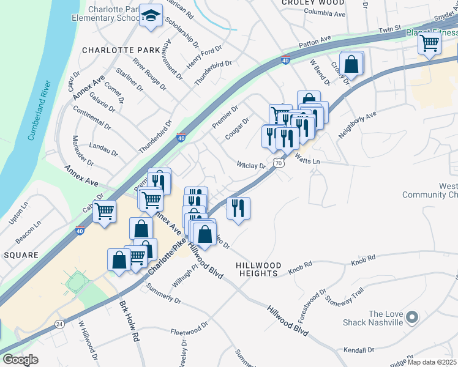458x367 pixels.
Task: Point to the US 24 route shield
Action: click(59, 324)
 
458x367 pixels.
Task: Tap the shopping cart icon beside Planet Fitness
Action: click(430, 43)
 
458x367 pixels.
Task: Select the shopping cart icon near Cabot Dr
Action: click(105, 212)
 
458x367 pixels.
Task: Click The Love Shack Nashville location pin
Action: click(411, 317)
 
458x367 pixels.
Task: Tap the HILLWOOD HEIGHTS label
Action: click(258, 269)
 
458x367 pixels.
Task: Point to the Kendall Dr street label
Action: click(359, 350)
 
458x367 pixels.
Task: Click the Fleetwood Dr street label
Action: click(189, 331)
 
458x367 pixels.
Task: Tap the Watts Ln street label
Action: click(307, 161)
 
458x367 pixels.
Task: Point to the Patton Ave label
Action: click(315, 42)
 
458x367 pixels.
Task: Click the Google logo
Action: click(20, 360)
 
